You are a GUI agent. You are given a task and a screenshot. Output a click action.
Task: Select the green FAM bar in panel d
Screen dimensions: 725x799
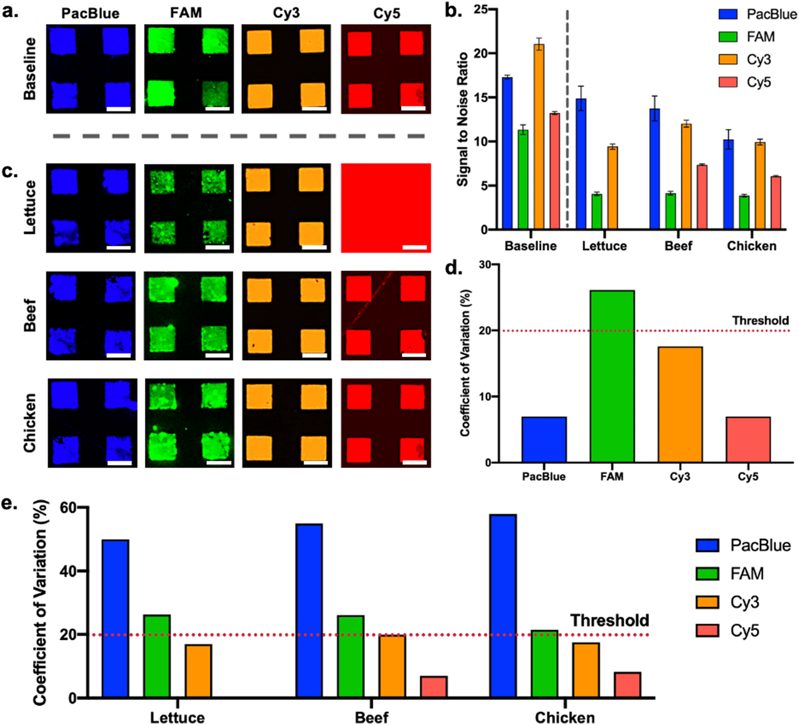(612, 376)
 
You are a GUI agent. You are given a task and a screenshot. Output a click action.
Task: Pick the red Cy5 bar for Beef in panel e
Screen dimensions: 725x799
(433, 686)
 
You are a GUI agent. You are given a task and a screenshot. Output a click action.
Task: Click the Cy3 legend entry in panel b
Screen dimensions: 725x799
(745, 60)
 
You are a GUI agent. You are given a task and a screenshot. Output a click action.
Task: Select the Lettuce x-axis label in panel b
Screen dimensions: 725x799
(604, 246)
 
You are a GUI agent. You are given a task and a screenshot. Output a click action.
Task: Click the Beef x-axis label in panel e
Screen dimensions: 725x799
(371, 717)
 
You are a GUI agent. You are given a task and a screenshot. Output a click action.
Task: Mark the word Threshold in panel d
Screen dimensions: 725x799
(760, 320)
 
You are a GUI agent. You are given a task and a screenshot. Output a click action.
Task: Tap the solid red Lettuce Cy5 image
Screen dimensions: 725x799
(386, 208)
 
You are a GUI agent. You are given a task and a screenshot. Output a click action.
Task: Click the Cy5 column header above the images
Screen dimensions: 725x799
(386, 14)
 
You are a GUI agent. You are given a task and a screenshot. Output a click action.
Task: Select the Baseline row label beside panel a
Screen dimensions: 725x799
(30, 69)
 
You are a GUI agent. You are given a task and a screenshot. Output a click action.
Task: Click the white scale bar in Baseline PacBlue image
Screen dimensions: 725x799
(118, 109)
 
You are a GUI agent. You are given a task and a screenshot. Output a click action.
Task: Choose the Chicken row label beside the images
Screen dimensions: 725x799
(30, 422)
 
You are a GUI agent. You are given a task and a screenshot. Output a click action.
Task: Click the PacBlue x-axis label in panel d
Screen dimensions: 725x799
(544, 476)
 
